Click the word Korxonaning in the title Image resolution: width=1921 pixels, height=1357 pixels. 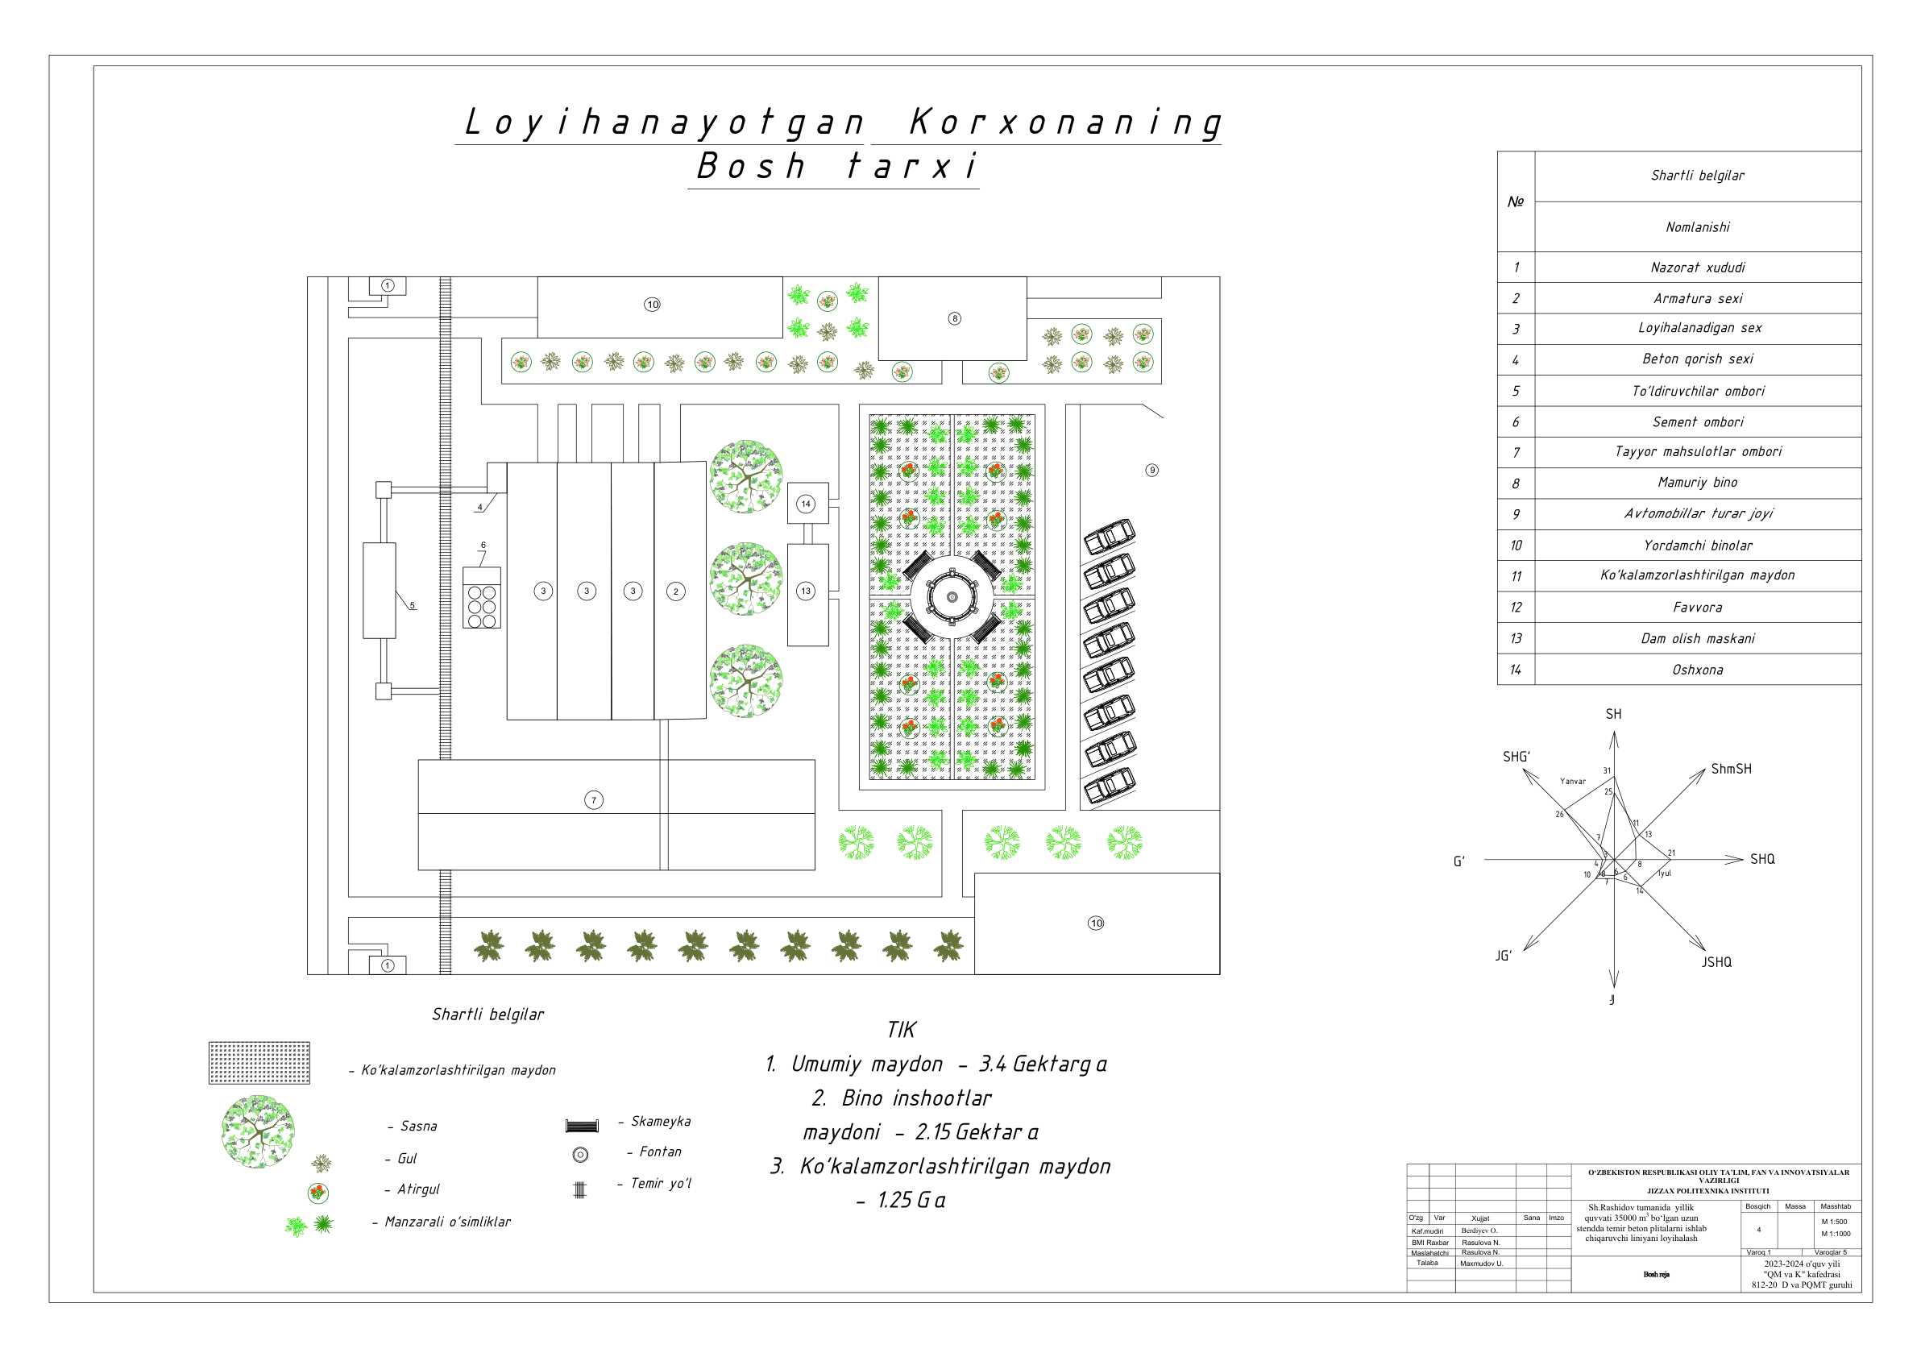click(1064, 123)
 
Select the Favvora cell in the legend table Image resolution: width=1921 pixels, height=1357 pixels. click(1697, 608)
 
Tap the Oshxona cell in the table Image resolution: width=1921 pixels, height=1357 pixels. click(1697, 670)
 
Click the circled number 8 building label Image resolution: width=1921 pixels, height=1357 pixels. click(954, 319)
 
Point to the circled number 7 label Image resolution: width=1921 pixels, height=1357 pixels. click(593, 801)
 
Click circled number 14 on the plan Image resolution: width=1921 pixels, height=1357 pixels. click(805, 504)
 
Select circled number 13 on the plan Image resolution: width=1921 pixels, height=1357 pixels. click(805, 591)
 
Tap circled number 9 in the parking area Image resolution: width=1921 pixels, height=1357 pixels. click(1151, 470)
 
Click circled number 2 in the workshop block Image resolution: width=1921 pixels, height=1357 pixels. click(676, 591)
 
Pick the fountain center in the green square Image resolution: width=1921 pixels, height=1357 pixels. click(952, 596)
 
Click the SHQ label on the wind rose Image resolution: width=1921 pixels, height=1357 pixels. click(1762, 859)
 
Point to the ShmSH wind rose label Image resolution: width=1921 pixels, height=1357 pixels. click(1730, 769)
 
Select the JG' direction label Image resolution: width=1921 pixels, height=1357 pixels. click(1504, 956)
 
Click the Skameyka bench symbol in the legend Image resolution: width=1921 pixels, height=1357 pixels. click(582, 1125)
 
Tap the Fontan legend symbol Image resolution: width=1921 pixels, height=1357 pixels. click(580, 1156)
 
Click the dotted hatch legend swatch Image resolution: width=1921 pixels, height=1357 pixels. click(259, 1063)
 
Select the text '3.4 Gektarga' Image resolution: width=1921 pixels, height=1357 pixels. click(1043, 1064)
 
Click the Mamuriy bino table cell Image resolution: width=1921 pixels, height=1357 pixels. click(1697, 483)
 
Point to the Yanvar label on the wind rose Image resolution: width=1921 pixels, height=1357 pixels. click(1572, 782)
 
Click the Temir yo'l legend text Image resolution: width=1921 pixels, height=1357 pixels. click(660, 1183)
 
